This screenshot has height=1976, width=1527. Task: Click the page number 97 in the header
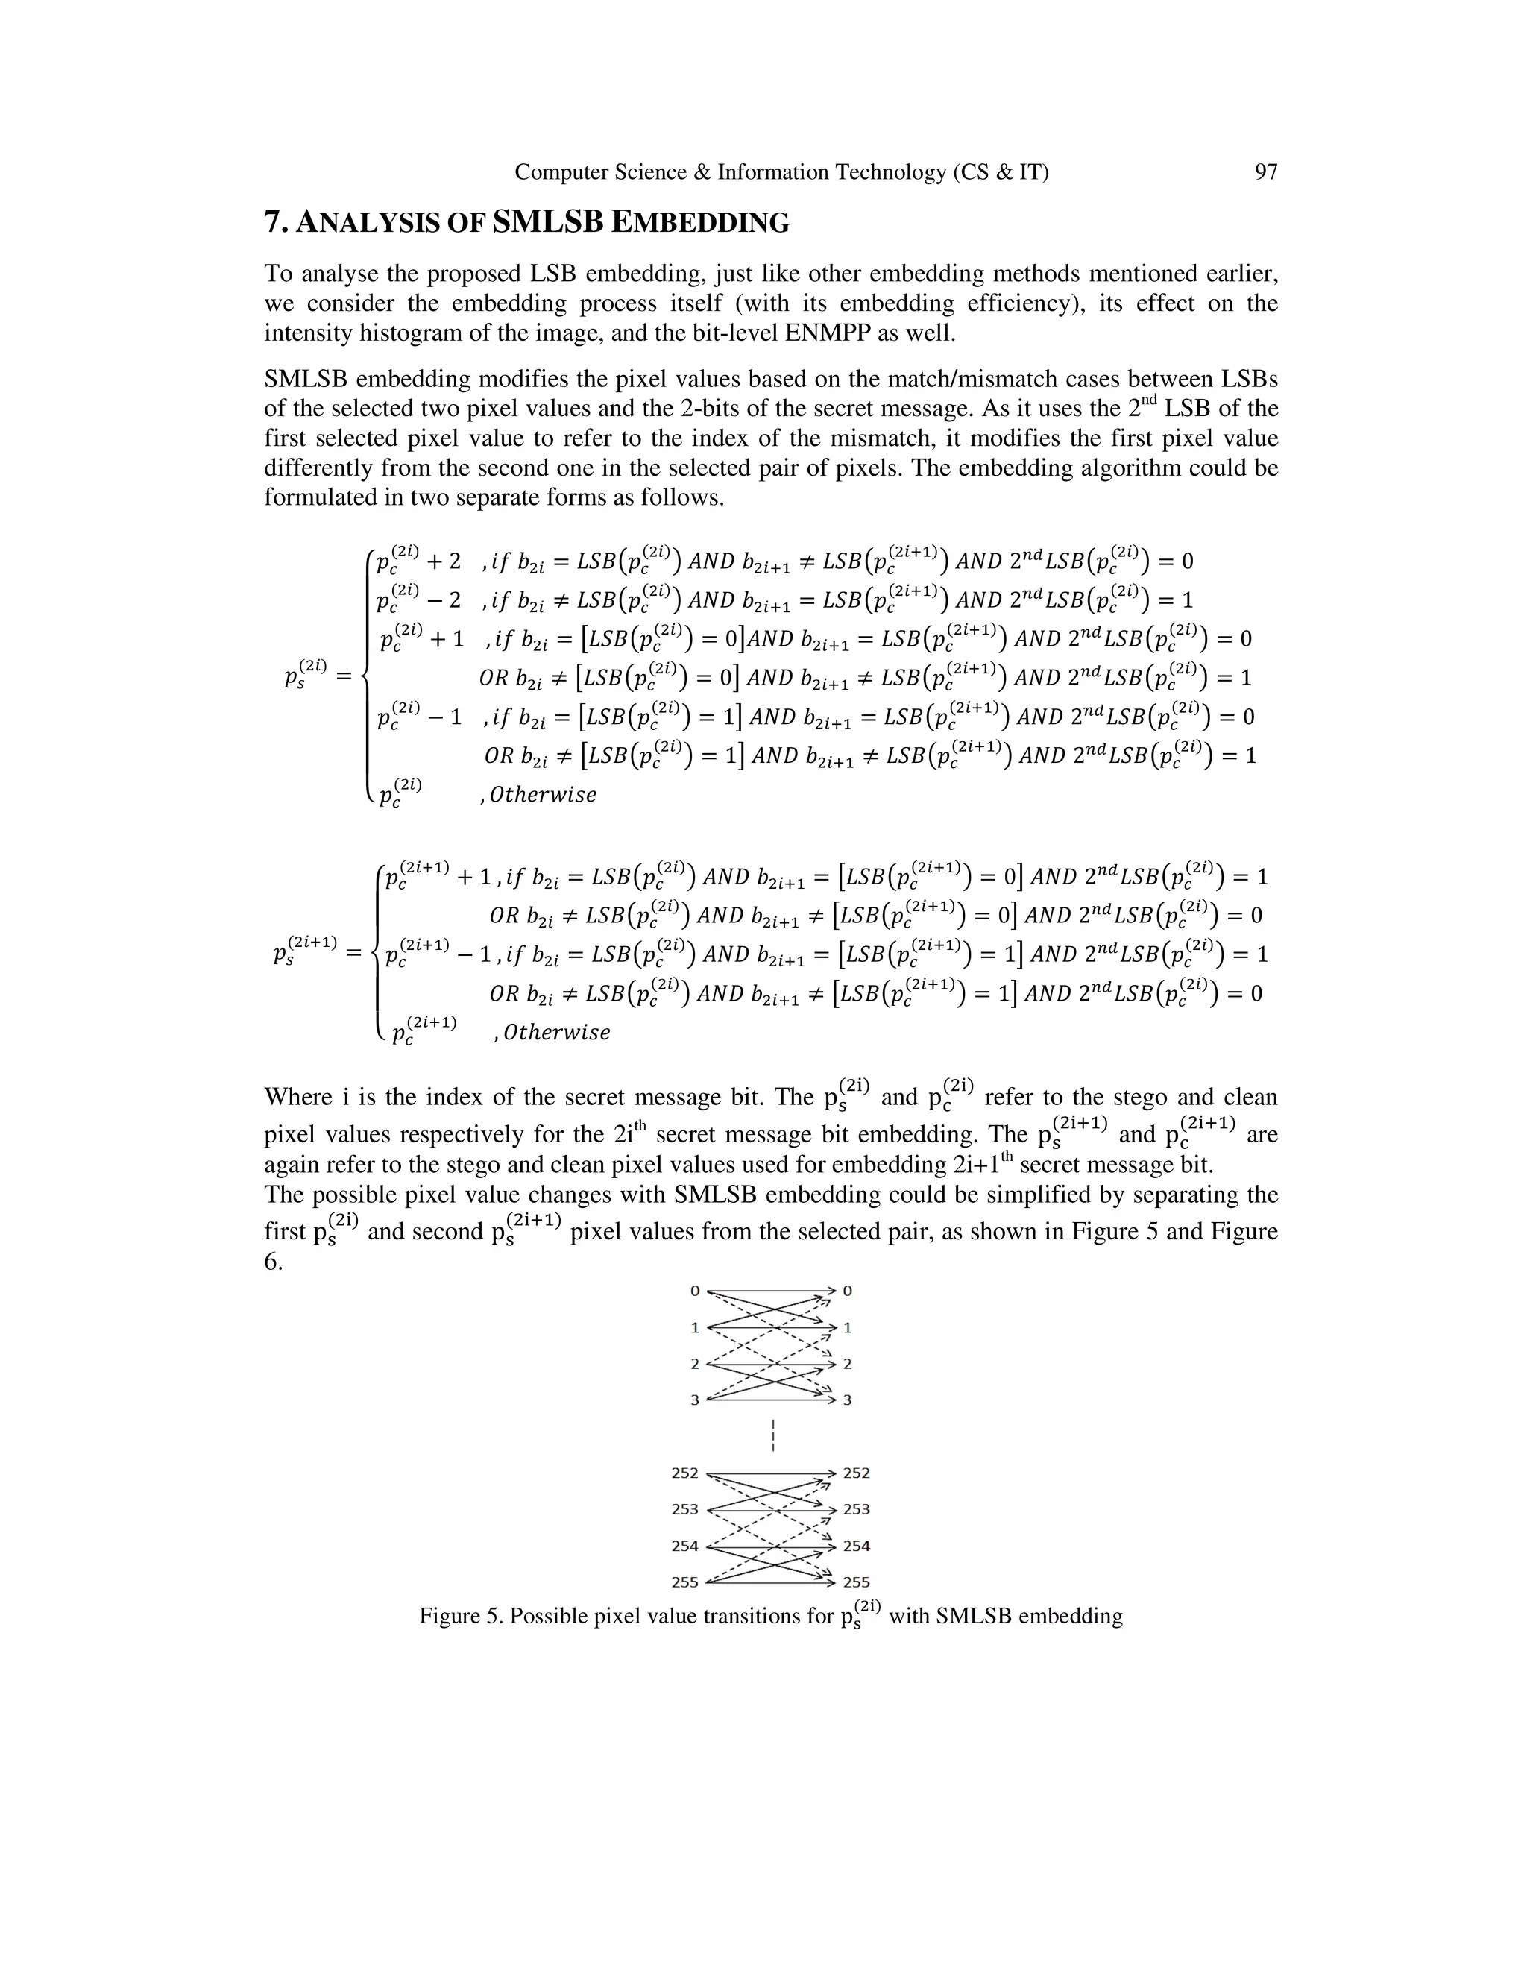click(1265, 172)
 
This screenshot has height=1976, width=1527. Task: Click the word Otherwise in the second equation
click(556, 1032)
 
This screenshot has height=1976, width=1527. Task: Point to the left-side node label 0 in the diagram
click(694, 1291)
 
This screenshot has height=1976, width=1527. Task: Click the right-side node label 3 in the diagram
click(848, 1400)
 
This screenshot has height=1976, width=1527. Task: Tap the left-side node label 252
click(684, 1473)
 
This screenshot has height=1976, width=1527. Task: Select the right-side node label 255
click(856, 1582)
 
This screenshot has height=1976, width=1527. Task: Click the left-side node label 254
click(684, 1546)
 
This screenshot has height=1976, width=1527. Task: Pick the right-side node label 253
click(856, 1509)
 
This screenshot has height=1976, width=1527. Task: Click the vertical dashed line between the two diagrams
click(773, 1436)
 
